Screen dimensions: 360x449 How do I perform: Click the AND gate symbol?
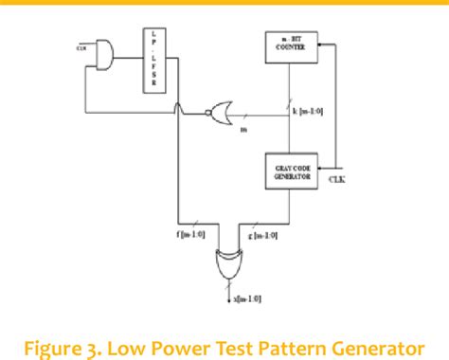coord(101,55)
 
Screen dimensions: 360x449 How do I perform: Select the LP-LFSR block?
coord(155,62)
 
